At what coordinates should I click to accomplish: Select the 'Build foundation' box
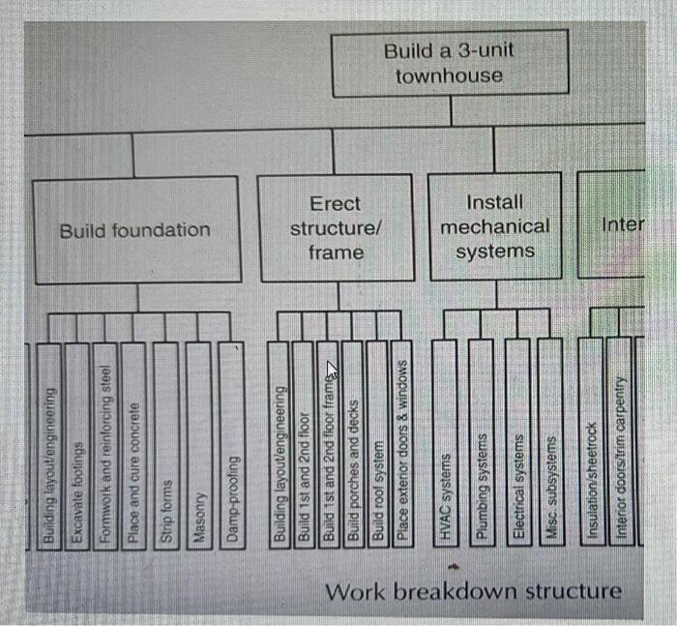134,230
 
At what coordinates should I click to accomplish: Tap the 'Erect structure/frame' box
336,228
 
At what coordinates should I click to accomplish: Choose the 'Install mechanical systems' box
494,227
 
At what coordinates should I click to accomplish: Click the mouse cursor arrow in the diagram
331,372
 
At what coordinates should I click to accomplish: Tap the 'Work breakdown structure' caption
473,591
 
